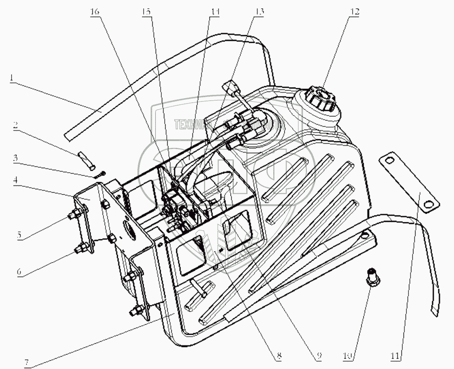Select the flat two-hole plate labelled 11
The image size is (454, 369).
[x=410, y=182]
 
